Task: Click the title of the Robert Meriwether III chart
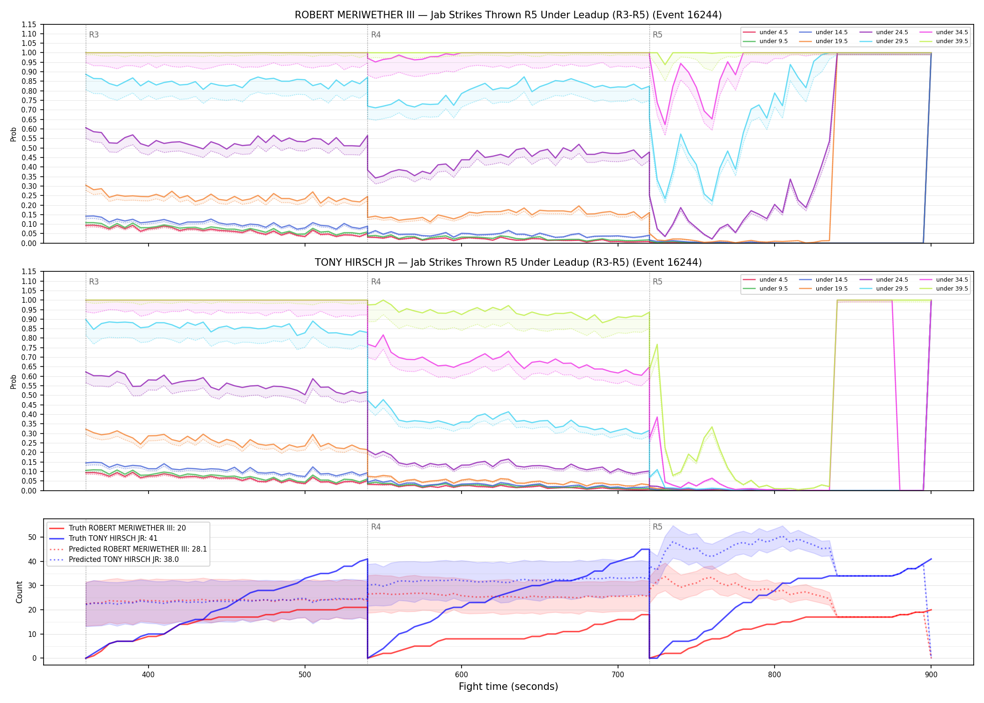508,15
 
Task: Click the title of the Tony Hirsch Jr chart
508,262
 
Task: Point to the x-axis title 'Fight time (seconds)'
508,687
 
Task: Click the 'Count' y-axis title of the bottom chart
19,592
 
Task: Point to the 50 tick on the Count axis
32,537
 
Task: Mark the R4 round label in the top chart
376,35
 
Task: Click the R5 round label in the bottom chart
657,527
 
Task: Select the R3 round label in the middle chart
94,282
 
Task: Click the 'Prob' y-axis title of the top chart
13,134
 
